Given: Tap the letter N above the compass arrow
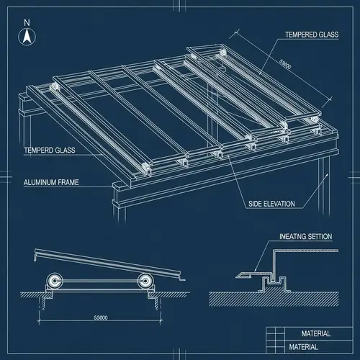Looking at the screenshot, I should (27, 22).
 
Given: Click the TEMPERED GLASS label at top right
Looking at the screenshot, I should (311, 34).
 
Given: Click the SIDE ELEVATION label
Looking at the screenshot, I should (271, 204).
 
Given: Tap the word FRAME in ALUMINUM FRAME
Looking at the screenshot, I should (73, 183).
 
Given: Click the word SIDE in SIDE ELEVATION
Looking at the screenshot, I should (255, 204).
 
